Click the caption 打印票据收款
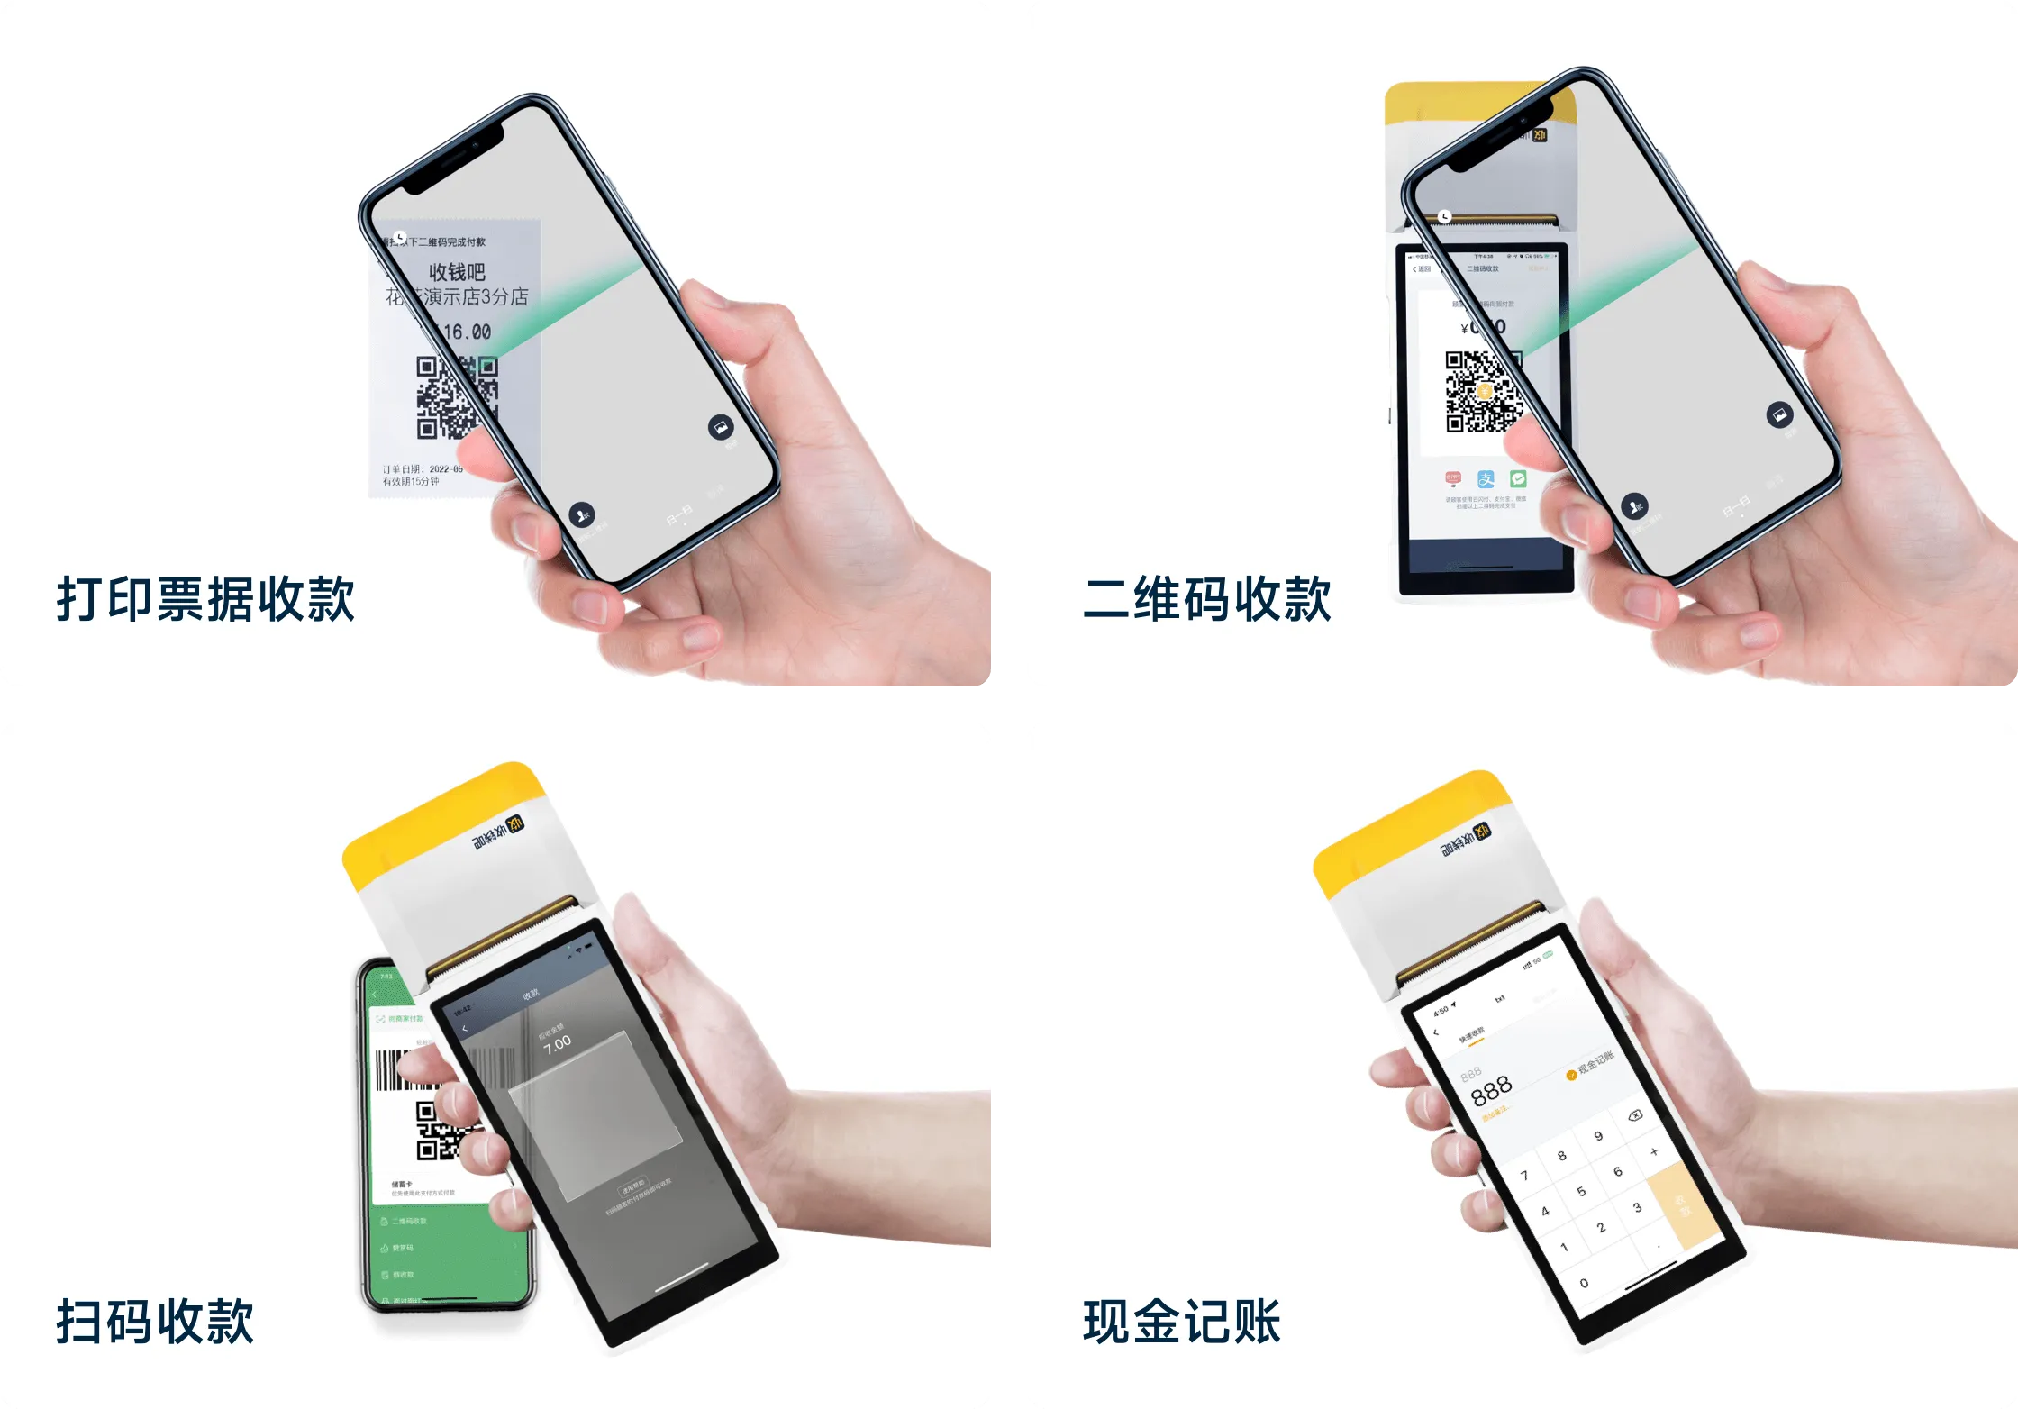[x=205, y=599]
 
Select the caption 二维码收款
[x=1207, y=599]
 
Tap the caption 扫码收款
[x=155, y=1322]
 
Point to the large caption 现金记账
[x=1181, y=1322]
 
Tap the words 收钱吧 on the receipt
[x=457, y=271]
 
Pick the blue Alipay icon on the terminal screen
[x=1486, y=479]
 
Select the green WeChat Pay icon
[x=1518, y=478]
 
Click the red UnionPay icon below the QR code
[x=1453, y=478]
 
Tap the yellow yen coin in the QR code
[x=1484, y=392]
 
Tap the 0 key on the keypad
[x=1584, y=1283]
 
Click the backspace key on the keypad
[x=1634, y=1115]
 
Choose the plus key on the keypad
[x=1654, y=1151]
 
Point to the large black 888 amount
[x=1491, y=1091]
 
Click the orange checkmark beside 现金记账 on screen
[x=1571, y=1074]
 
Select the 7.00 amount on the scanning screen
[x=557, y=1043]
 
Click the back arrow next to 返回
[x=1414, y=269]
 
